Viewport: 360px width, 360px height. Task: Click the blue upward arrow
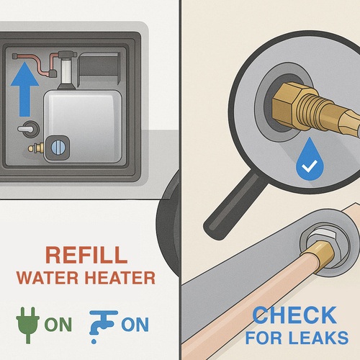click(x=24, y=89)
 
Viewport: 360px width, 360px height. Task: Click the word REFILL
click(x=86, y=255)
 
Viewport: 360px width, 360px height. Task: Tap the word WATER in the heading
click(x=48, y=278)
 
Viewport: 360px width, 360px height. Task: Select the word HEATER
click(x=120, y=278)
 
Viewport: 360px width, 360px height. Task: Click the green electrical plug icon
click(x=28, y=325)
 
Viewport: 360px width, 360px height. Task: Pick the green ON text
click(x=58, y=325)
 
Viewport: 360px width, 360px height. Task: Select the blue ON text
click(x=135, y=325)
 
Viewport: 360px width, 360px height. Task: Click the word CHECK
click(x=294, y=315)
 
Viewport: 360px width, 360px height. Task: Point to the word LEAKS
click(x=318, y=338)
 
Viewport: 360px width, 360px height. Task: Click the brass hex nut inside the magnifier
click(x=287, y=107)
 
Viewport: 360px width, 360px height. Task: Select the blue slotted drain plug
click(x=58, y=148)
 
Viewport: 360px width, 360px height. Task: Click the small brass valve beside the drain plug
click(x=36, y=148)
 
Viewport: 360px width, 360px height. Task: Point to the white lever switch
click(x=26, y=129)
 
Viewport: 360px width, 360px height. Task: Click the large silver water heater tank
click(x=83, y=126)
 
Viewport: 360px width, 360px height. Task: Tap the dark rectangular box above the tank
click(x=99, y=68)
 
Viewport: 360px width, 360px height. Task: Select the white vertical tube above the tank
click(x=66, y=71)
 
